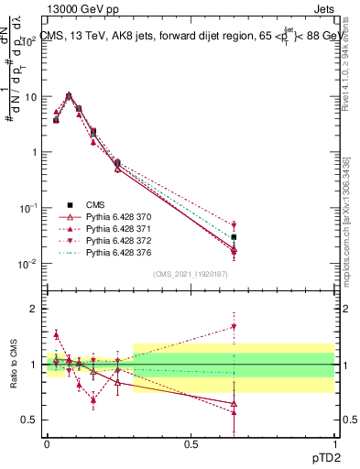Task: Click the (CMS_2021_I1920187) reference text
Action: pos(191,273)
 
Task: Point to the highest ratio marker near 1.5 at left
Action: pos(56,334)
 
